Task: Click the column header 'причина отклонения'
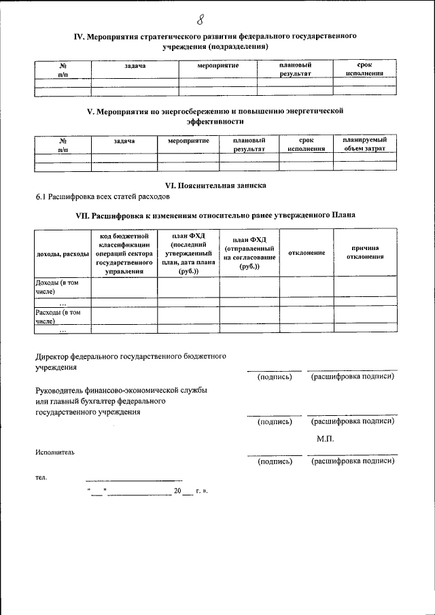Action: (x=365, y=252)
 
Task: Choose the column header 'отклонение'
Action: (x=307, y=253)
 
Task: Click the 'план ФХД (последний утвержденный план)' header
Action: (x=188, y=253)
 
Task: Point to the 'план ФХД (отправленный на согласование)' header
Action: (x=249, y=253)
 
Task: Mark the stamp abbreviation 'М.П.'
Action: (x=326, y=438)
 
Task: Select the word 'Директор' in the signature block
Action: (x=56, y=355)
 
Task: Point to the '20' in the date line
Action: (x=178, y=491)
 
